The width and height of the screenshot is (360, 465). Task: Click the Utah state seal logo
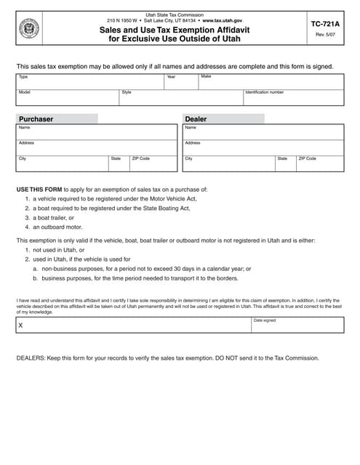pos(29,30)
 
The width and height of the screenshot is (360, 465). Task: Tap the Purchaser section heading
pos(36,119)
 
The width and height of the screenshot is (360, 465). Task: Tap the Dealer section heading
pos(196,119)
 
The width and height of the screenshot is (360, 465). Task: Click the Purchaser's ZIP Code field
pos(153,163)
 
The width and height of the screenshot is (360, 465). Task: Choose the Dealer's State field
pos(284,163)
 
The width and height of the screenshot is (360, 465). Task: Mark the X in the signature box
pos(20,325)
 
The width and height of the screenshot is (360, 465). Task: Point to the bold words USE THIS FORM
pos(36,189)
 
